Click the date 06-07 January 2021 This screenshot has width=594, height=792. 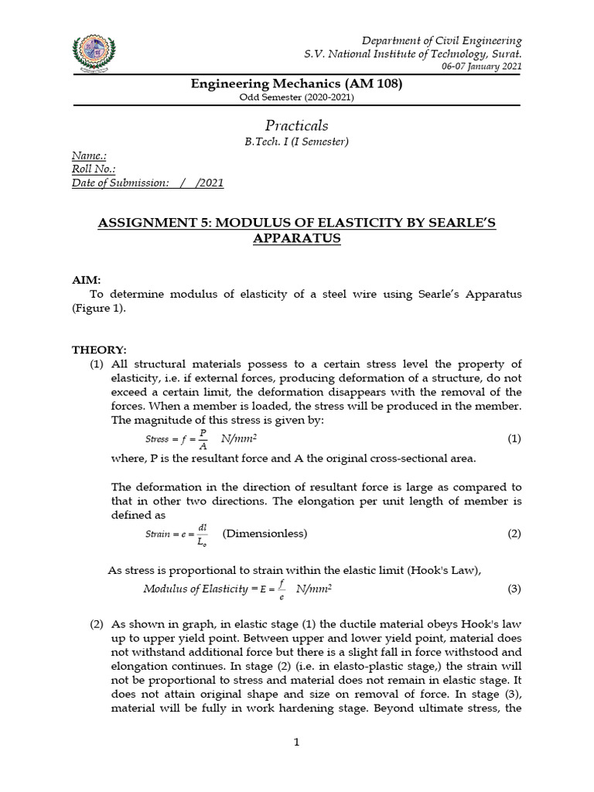point(481,67)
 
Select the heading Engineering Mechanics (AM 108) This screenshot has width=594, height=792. point(296,84)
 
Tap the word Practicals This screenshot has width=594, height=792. point(296,125)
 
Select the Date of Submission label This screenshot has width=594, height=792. point(120,183)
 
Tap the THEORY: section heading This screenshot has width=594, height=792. point(99,350)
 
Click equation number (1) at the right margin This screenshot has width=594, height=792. point(514,439)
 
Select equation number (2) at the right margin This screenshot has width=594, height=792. point(514,534)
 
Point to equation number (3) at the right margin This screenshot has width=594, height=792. point(514,589)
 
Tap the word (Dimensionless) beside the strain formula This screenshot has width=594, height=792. point(265,534)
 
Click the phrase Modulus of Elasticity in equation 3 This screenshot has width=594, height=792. point(194,589)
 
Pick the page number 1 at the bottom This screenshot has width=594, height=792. point(296,742)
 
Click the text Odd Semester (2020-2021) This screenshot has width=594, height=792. point(296,97)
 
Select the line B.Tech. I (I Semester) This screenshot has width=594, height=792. point(296,141)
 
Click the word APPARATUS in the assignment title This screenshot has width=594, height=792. point(296,238)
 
